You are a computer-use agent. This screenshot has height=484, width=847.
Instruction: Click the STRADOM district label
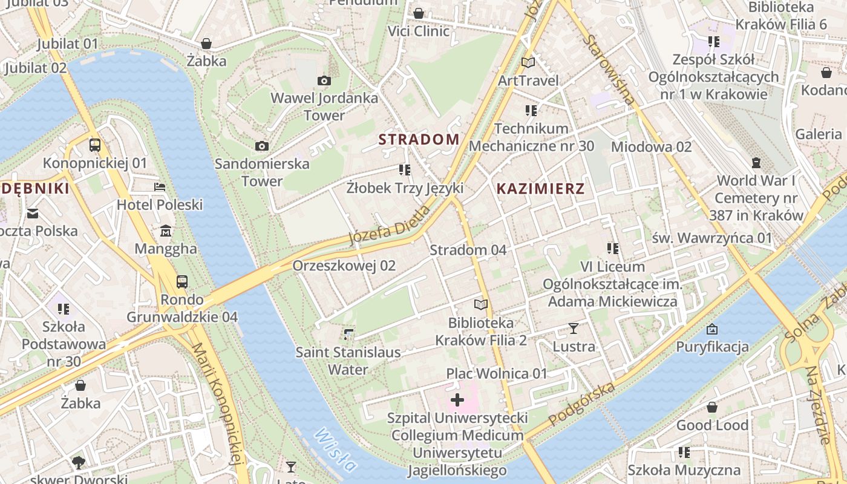419,139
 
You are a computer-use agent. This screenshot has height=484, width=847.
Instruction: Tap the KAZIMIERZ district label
540,189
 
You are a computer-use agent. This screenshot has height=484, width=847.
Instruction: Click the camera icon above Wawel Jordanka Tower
324,80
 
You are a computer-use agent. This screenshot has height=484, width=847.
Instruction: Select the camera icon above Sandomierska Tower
262,146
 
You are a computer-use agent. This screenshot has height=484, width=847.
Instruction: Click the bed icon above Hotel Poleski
160,187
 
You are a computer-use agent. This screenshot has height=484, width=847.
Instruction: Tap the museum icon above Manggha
166,231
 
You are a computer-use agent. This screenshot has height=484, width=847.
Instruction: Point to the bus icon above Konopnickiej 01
95,145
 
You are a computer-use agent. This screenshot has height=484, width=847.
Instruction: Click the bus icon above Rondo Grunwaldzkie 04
181,281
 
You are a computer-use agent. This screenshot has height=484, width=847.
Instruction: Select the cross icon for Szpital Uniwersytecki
457,400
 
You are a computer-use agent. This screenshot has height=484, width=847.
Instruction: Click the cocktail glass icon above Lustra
574,329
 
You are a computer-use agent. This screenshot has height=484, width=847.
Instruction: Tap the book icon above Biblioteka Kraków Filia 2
481,304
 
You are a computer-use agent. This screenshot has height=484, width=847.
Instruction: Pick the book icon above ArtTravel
528,62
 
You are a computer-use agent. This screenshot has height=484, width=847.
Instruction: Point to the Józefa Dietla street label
390,225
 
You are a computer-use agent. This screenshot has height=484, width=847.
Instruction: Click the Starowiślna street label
609,70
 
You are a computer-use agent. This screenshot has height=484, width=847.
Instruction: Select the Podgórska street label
582,404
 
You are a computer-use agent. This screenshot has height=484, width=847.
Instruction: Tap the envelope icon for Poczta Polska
33,213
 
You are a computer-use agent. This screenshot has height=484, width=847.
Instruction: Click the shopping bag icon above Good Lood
712,407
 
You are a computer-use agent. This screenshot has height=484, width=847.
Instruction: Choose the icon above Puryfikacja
712,329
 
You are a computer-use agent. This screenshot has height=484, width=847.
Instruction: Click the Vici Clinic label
419,31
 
